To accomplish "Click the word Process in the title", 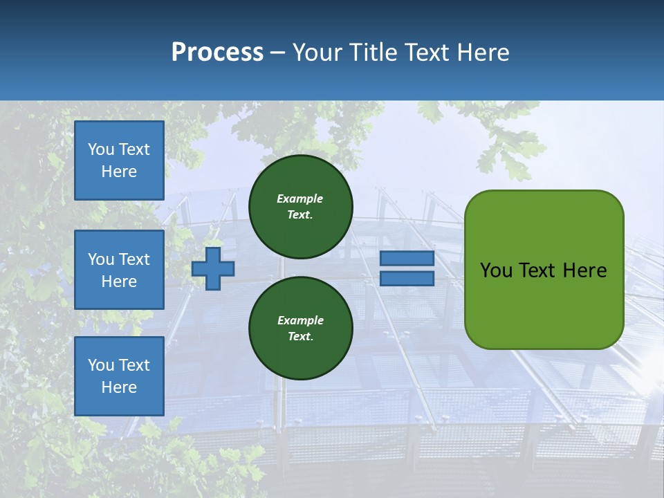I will [217, 53].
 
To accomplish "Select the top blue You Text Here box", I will [119, 160].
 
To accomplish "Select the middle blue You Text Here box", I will [119, 270].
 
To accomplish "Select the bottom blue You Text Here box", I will [119, 376].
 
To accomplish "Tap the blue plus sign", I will [213, 268].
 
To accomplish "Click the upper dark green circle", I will [300, 207].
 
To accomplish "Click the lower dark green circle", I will [300, 329].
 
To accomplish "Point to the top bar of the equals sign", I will [407, 259].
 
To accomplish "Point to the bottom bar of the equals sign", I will [407, 279].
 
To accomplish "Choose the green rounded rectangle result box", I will [544, 270].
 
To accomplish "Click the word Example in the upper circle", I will [299, 199].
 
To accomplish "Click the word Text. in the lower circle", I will [300, 337].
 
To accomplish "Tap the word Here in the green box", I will [584, 270].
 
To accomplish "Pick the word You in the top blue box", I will [101, 149].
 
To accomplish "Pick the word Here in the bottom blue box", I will [119, 387].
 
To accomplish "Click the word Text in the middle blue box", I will [134, 259].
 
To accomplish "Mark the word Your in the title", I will [320, 53].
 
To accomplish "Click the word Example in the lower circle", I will [300, 320].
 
